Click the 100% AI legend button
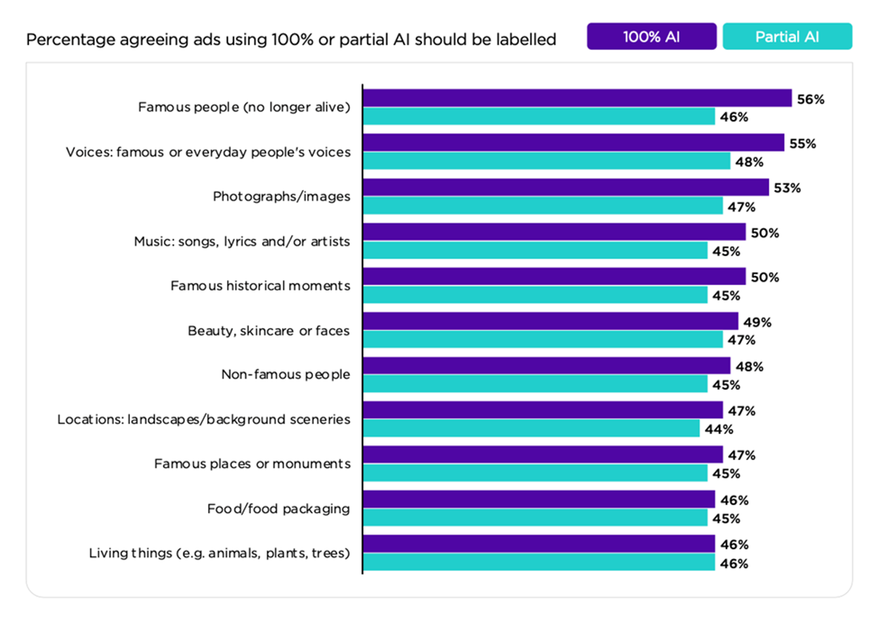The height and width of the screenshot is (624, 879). [x=651, y=37]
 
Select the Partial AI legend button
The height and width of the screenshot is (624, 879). [x=786, y=37]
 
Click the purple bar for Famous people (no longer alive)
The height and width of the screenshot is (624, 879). [x=577, y=98]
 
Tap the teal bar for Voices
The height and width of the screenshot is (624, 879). [x=546, y=161]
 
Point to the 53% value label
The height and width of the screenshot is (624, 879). [x=787, y=188]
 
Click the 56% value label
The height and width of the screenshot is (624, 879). [x=811, y=100]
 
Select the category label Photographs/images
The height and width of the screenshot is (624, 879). [x=281, y=197]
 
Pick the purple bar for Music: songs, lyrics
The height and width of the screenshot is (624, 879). [x=554, y=232]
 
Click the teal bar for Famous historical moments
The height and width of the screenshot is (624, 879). [x=535, y=295]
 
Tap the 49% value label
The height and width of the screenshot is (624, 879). [x=757, y=322]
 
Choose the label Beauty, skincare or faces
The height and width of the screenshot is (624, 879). [x=269, y=331]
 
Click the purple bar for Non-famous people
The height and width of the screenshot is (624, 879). [x=546, y=366]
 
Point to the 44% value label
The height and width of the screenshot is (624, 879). [x=719, y=429]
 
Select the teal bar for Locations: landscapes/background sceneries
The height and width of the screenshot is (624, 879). [x=531, y=429]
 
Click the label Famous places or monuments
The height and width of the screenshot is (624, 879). [x=252, y=464]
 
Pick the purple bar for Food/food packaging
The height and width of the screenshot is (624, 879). [x=539, y=500]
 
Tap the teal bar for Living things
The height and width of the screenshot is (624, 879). [x=539, y=562]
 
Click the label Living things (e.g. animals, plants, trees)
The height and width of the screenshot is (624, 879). [x=219, y=553]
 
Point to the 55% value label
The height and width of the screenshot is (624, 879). [x=802, y=144]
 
